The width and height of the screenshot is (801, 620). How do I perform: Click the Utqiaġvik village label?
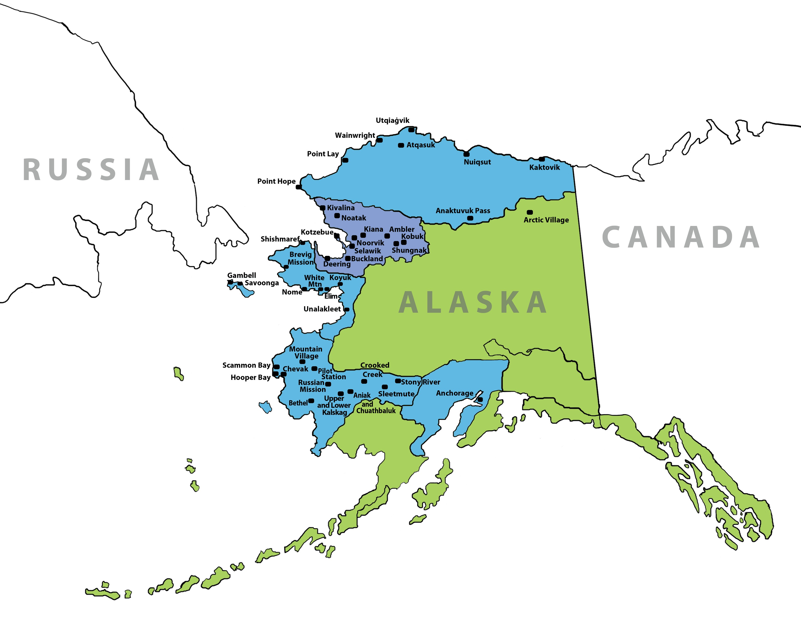tap(392, 120)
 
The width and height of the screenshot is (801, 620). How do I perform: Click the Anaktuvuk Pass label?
tap(463, 211)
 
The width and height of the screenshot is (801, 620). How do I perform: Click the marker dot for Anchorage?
tap(480, 399)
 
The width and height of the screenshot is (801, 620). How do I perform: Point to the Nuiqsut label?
tap(477, 162)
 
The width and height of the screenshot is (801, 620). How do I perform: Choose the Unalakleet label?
tap(322, 309)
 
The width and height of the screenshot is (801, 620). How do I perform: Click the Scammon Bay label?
tap(246, 365)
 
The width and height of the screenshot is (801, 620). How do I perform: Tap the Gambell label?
tap(241, 275)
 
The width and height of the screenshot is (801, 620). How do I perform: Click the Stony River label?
tap(420, 382)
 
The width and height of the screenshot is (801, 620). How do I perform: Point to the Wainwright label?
tap(355, 135)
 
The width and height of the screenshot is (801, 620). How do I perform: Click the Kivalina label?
tap(341, 208)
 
